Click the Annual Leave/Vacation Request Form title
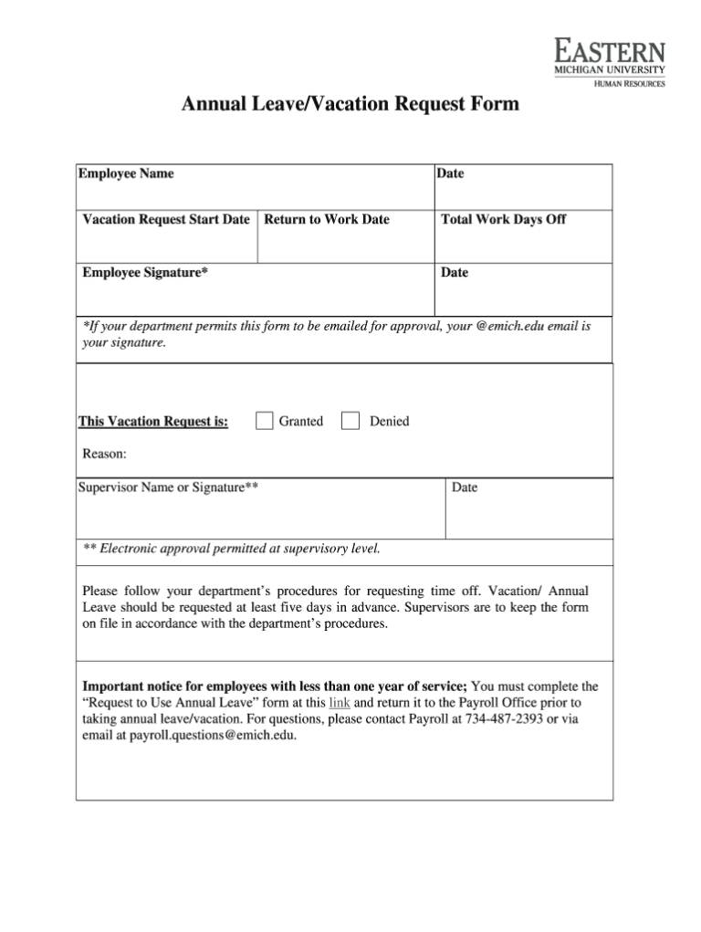[x=350, y=104]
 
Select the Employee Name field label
[x=126, y=173]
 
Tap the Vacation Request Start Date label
[x=166, y=220]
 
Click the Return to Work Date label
[x=327, y=220]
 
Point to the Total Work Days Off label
[x=503, y=220]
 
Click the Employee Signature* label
[x=145, y=272]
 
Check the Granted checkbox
[x=265, y=421]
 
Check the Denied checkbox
[x=350, y=421]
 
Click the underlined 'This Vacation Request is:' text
[x=153, y=422]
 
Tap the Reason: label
[x=105, y=453]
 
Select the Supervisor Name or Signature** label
[x=168, y=487]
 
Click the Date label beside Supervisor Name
[x=465, y=487]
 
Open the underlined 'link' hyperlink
[x=340, y=703]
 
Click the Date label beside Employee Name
[x=450, y=173]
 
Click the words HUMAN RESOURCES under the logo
[x=630, y=83]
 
